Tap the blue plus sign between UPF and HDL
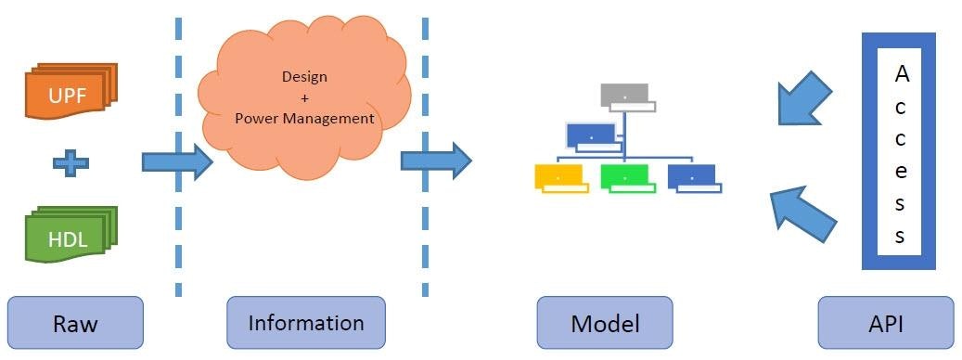point(71,163)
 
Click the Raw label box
point(75,324)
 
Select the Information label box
point(305,323)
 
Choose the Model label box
point(604,324)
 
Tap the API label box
point(885,324)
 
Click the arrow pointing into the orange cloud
point(176,162)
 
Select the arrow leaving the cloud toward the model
point(435,160)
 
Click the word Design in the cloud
point(304,76)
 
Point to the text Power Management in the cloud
point(304,119)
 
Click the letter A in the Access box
point(901,75)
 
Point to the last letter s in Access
point(900,236)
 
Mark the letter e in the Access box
point(901,171)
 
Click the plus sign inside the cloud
point(304,97)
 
